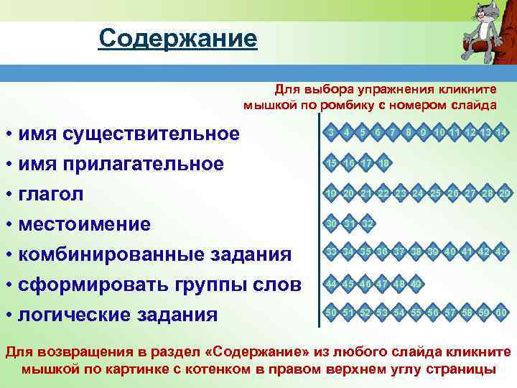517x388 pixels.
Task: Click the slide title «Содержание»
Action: click(x=177, y=38)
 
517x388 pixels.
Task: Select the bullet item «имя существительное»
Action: click(x=129, y=134)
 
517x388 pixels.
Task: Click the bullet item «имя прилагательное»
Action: click(x=121, y=164)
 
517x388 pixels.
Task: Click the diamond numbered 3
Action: click(x=330, y=133)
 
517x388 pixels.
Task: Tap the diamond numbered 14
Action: click(x=502, y=133)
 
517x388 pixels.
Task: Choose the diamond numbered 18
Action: click(x=384, y=163)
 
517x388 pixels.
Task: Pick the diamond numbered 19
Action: click(x=331, y=193)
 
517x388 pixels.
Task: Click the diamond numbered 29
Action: click(x=505, y=193)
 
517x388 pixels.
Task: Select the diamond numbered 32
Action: click(x=368, y=223)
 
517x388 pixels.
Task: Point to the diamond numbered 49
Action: click(x=416, y=284)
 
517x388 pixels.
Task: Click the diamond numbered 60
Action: click(x=502, y=313)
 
